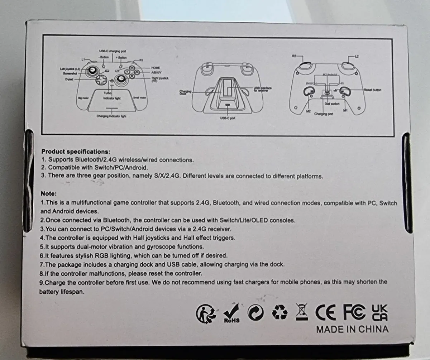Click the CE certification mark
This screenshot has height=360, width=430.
(326, 312)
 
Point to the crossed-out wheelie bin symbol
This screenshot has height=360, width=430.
(302, 312)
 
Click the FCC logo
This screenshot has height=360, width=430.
(354, 312)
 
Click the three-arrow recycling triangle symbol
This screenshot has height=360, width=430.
(279, 313)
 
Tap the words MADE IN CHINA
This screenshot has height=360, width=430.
(352, 329)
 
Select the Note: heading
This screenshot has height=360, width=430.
(49, 193)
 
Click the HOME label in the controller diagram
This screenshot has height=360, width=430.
(156, 67)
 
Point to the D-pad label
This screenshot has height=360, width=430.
(69, 79)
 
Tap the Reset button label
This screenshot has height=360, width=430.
(372, 90)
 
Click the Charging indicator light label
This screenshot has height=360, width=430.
(111, 116)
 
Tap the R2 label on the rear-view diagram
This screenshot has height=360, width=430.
(294, 56)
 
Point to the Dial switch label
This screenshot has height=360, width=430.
(332, 104)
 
